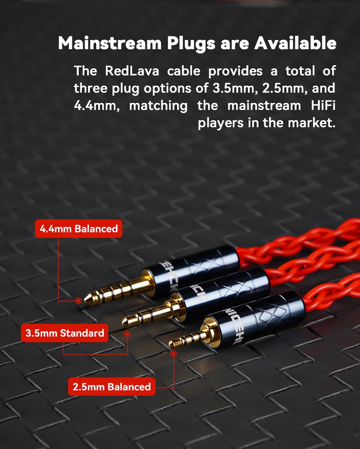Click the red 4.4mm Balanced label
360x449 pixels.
(x=78, y=229)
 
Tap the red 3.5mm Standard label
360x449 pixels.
(x=65, y=332)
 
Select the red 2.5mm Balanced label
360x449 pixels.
(x=111, y=387)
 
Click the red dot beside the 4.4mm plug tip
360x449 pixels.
(x=78, y=300)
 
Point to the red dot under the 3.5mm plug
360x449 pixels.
(x=127, y=333)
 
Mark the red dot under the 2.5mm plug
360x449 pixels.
(x=173, y=353)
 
